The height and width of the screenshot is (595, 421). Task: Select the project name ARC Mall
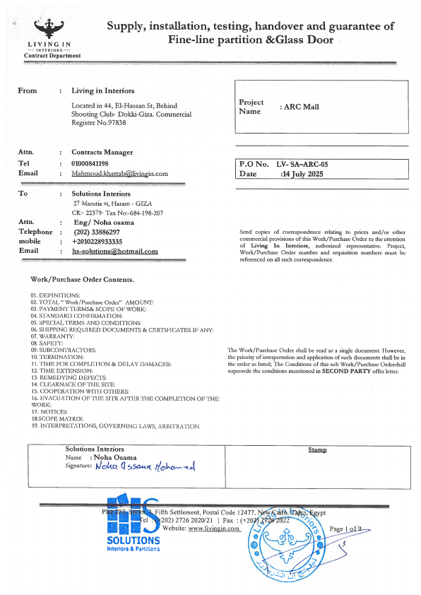[x=301, y=107]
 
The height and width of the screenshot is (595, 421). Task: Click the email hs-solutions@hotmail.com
[x=115, y=251]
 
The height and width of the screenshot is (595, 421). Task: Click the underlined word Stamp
[x=317, y=449]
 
